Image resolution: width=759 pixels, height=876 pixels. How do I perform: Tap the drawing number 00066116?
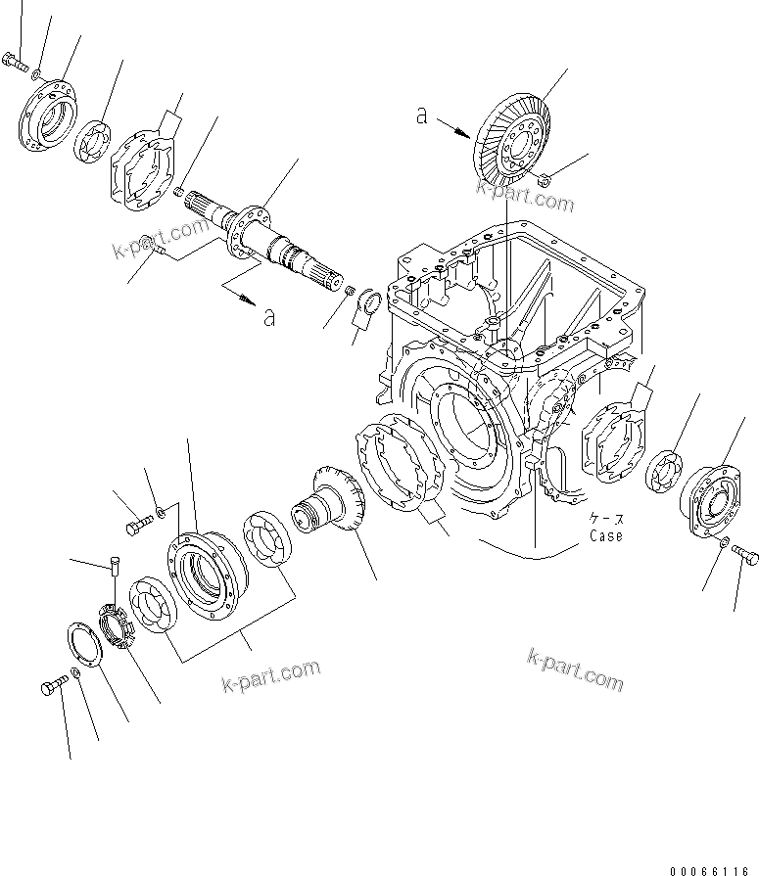coord(713,868)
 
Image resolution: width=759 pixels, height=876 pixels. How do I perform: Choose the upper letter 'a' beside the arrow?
coord(421,115)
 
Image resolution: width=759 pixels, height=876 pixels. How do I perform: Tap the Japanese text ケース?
coord(605,519)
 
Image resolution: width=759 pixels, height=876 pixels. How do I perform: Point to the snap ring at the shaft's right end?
coord(370,305)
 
